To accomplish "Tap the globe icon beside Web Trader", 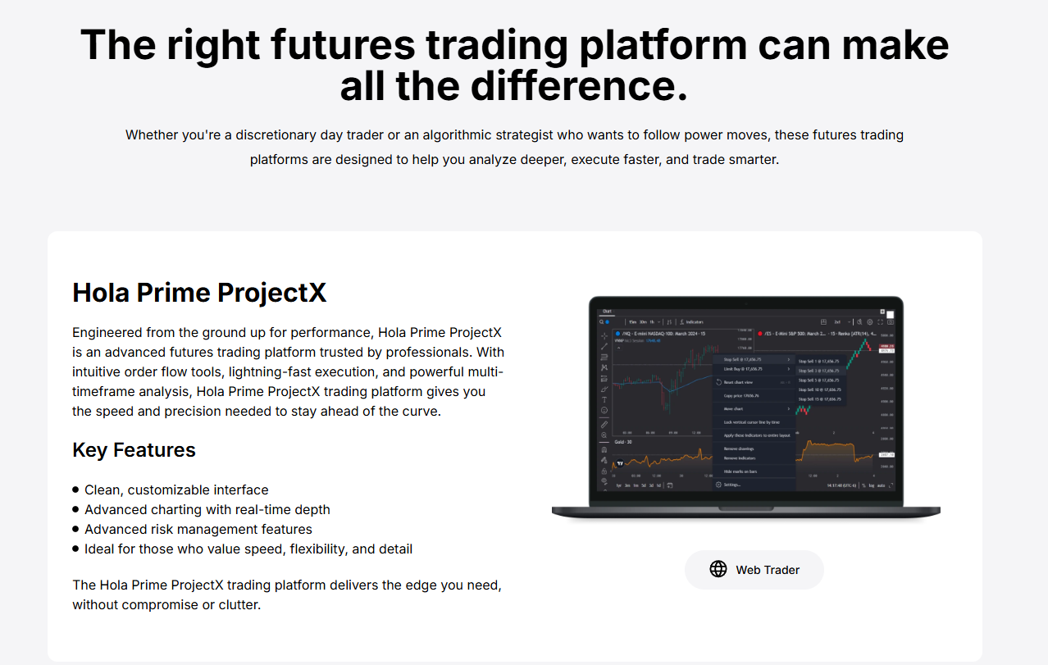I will [x=718, y=569].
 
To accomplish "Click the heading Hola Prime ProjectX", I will [x=199, y=293].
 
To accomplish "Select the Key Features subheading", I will [x=134, y=450].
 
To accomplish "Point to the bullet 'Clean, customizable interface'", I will [x=176, y=490].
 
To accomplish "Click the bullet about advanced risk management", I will [x=198, y=529].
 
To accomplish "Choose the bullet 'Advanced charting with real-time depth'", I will [x=207, y=509].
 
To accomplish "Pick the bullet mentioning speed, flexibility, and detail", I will [x=248, y=549].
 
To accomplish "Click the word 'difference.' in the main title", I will [x=514, y=85].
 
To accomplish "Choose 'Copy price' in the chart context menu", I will [x=740, y=396].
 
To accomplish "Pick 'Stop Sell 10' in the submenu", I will [x=818, y=389].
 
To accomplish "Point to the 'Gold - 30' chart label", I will [x=622, y=442].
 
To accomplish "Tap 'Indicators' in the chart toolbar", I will [x=694, y=322].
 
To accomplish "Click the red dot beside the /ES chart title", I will [x=760, y=335].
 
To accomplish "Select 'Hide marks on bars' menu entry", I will [x=740, y=471].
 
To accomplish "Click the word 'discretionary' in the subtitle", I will [x=288, y=134].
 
